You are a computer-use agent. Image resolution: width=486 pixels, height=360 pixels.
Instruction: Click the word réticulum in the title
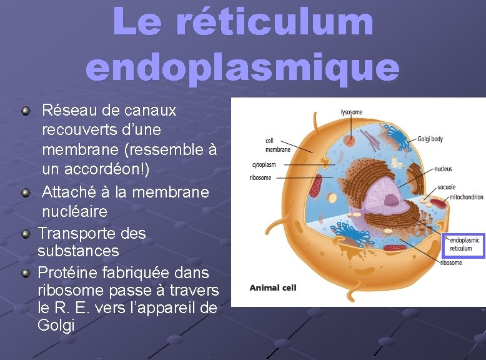(274, 21)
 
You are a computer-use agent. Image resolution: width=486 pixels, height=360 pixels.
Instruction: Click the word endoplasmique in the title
(242, 67)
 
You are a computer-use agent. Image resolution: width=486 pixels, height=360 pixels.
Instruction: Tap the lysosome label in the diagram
(351, 112)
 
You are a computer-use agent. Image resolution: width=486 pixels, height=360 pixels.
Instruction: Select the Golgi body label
(430, 139)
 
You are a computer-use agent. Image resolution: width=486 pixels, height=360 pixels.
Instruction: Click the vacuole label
(446, 187)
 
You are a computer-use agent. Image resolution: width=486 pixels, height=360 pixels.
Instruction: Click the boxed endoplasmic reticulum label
(465, 244)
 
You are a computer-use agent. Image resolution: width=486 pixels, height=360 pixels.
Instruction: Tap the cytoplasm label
(264, 165)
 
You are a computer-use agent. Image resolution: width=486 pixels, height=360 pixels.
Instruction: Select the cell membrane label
(277, 146)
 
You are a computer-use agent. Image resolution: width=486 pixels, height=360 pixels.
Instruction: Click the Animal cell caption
(273, 288)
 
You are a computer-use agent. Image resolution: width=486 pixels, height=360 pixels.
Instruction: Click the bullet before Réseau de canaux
(26, 111)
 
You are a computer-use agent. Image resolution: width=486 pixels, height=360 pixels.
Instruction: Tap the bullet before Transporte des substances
(26, 234)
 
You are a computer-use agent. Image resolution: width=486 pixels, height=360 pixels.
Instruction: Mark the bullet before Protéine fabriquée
(26, 273)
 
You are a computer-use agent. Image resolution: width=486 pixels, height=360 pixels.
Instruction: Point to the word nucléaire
(74, 211)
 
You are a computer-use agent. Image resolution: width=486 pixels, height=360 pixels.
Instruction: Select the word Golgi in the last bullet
(56, 325)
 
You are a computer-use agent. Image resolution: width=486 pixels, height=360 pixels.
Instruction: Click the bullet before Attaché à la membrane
(26, 192)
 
